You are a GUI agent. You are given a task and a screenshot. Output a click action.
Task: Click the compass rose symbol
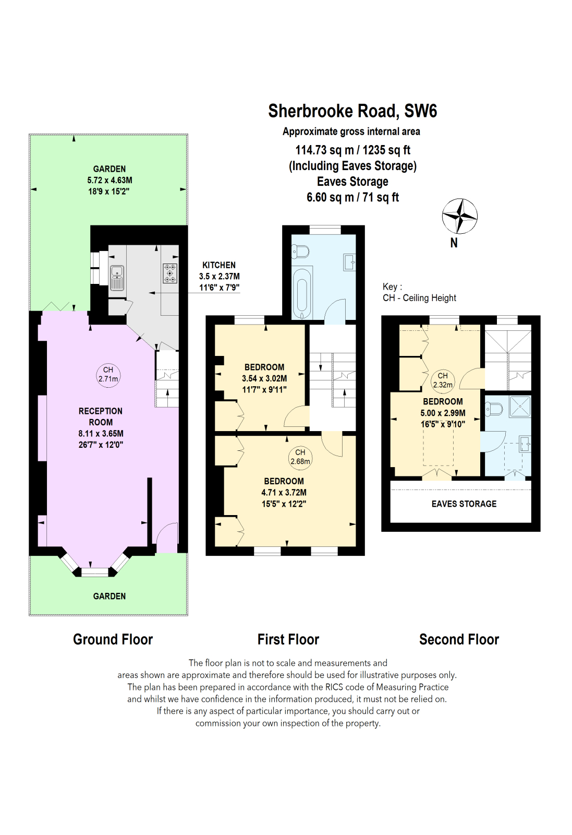459,216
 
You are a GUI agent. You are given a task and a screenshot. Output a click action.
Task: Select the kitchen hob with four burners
170,273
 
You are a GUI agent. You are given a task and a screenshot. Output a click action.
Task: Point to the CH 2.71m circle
108,375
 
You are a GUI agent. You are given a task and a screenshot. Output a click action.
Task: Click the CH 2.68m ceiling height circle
300,457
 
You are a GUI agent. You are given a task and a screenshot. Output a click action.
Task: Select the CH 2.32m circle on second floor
443,380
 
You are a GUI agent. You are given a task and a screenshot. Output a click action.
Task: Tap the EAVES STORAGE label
464,504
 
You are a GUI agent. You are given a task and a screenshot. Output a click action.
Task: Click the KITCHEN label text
219,265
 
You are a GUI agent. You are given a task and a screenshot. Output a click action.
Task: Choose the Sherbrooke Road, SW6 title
352,111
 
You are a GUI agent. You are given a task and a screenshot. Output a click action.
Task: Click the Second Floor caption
459,639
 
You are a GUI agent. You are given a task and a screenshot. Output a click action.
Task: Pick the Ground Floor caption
113,639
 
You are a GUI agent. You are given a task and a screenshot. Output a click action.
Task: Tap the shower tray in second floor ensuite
520,407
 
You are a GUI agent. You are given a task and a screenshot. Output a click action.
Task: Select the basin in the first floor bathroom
349,261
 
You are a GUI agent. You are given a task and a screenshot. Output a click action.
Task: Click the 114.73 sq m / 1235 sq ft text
352,150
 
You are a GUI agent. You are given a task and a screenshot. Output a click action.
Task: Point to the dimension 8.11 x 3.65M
101,434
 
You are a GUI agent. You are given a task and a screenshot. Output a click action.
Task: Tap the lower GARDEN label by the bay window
109,596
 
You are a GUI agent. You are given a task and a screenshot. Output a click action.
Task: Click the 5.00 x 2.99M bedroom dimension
443,413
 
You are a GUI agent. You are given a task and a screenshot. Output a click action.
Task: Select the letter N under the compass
454,243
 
